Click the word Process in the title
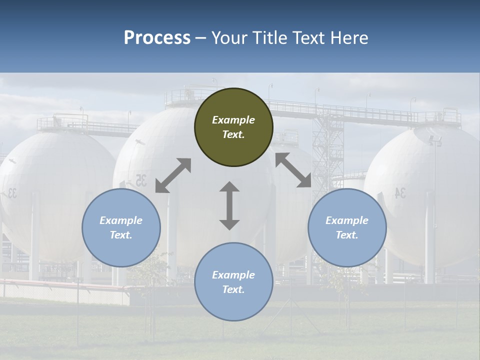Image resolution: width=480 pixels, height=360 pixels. tap(157, 38)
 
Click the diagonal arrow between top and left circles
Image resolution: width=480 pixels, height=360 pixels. tap(173, 175)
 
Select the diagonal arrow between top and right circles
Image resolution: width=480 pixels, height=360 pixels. tap(293, 170)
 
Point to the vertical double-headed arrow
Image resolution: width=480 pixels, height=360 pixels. tap(229, 205)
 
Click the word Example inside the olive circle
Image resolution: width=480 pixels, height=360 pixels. tap(233, 120)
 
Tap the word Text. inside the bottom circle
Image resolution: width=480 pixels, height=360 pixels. tap(233, 289)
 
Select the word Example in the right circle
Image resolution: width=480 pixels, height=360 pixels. tap(347, 220)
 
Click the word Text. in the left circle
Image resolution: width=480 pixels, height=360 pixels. tap(121, 235)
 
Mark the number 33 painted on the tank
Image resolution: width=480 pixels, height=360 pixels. tap(11, 193)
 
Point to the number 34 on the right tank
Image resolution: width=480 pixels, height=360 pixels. tap(400, 193)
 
